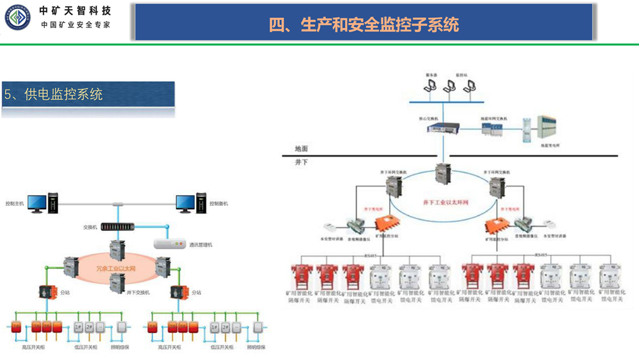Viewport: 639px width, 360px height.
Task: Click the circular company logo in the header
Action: (16, 17)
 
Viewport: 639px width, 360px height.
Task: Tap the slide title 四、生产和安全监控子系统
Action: (364, 24)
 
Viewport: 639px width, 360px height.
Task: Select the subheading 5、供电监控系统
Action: (54, 95)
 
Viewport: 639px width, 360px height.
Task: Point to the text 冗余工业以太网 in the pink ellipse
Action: (116, 269)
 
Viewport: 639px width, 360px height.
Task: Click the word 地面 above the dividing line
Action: (302, 148)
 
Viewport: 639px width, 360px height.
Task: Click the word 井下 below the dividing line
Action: (302, 162)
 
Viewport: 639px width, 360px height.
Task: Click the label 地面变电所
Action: (550, 146)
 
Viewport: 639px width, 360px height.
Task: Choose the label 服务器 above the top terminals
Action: (432, 75)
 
